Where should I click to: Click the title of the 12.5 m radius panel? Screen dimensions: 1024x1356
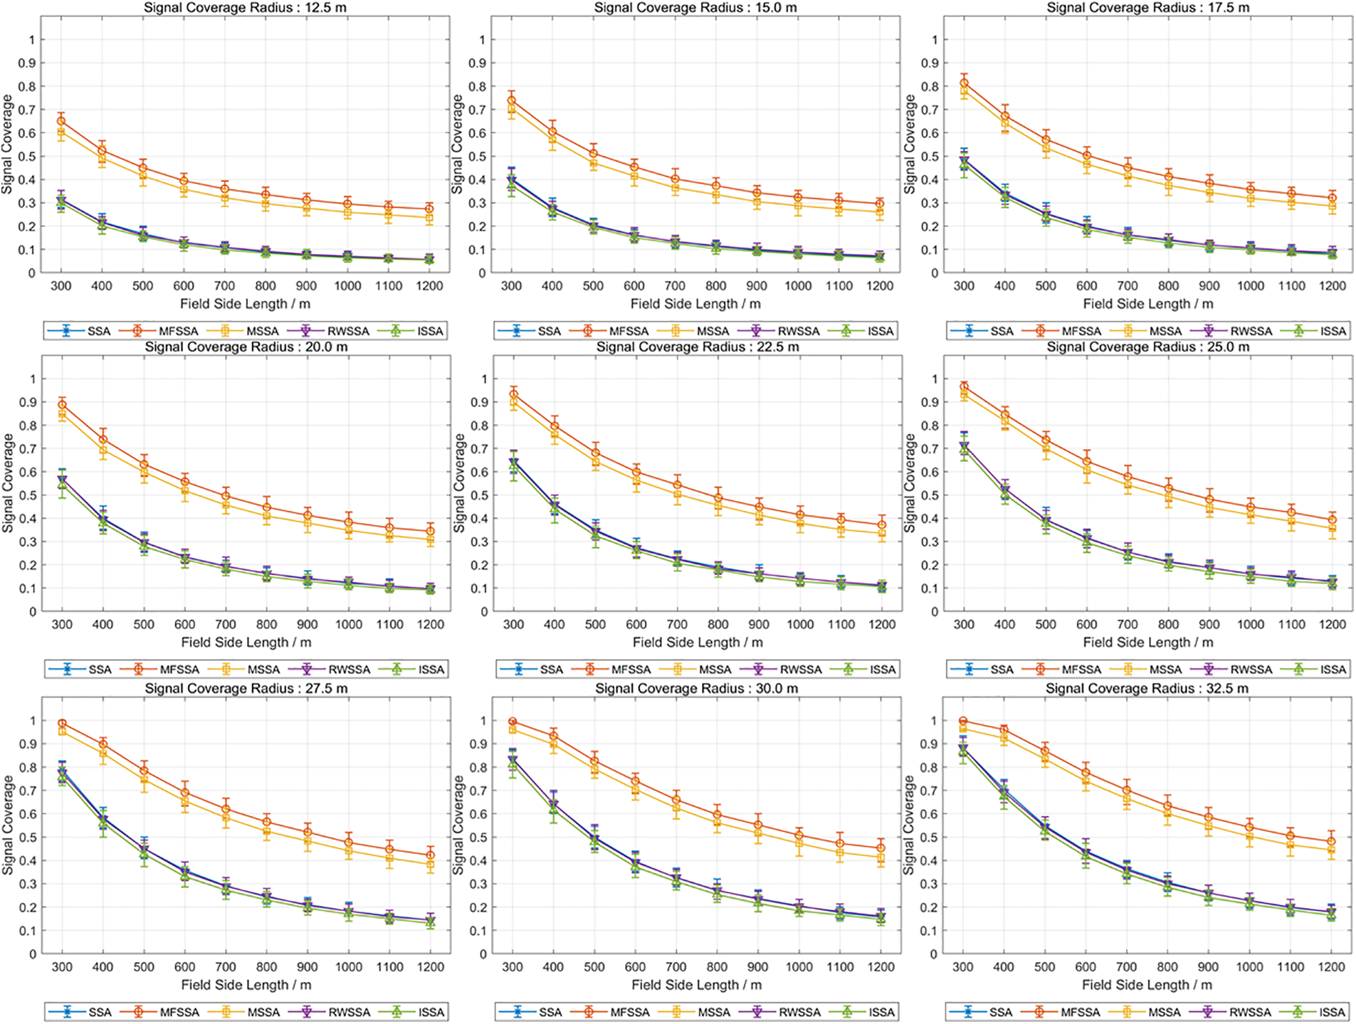[x=246, y=8]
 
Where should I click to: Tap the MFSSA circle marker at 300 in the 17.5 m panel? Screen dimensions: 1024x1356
[x=964, y=83]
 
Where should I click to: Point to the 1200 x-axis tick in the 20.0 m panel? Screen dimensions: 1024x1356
[x=431, y=625]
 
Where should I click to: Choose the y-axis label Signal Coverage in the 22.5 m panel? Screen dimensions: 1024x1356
[x=459, y=483]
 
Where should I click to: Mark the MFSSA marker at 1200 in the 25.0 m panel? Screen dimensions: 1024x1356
[x=1332, y=520]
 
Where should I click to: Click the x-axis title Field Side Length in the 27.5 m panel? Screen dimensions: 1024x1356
[x=246, y=985]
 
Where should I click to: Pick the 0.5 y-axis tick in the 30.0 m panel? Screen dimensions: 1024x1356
[x=482, y=838]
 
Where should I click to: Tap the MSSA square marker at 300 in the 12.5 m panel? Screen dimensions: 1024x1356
[x=61, y=132]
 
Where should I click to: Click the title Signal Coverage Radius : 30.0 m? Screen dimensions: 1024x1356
[x=696, y=689]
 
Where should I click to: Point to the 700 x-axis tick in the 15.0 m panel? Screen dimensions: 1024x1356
[x=675, y=286]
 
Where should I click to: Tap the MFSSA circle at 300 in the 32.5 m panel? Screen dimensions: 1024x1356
[x=963, y=722]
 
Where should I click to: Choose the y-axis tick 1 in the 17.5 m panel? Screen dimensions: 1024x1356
[x=935, y=40]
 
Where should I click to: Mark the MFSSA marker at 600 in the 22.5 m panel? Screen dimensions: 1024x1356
[x=636, y=472]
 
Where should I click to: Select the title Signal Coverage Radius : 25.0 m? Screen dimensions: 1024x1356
[x=1147, y=347]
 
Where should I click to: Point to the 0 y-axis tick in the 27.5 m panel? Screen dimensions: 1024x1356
[x=33, y=954]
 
